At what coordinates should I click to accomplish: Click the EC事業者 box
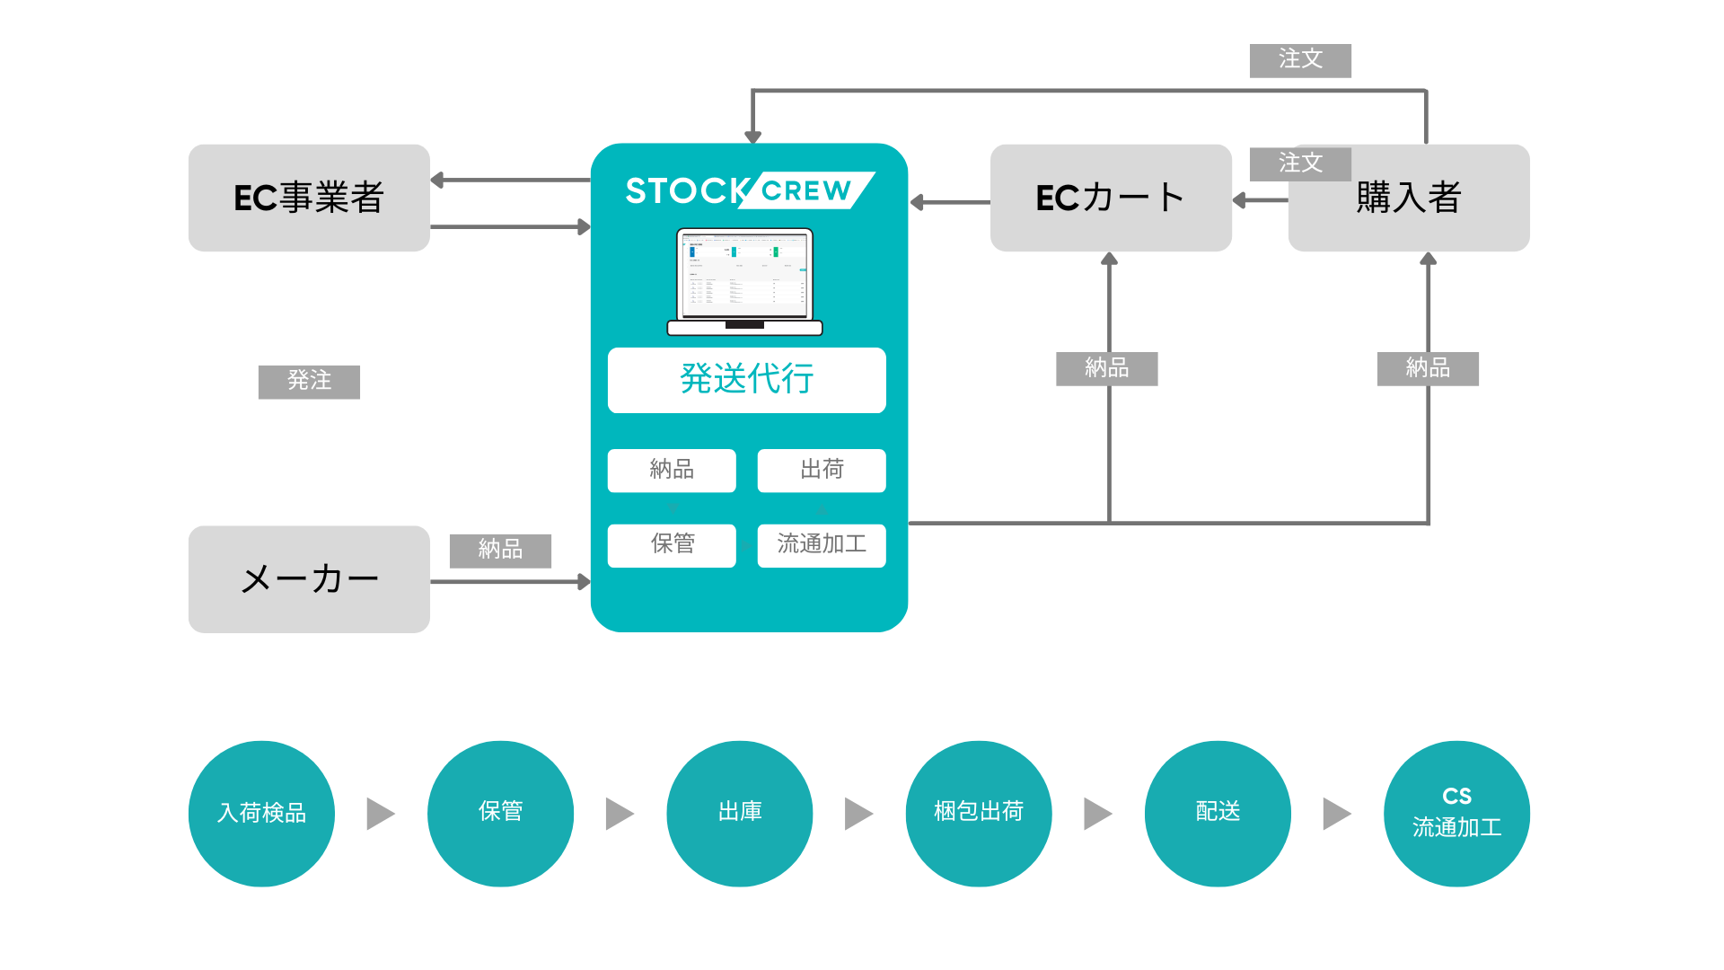pyautogui.click(x=309, y=198)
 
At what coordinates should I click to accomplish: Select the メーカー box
pyautogui.click(x=309, y=579)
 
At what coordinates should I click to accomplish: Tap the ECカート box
pyautogui.click(x=1111, y=198)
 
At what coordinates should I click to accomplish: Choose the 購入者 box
pyautogui.click(x=1409, y=198)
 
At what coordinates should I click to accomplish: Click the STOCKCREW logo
pyautogui.click(x=749, y=190)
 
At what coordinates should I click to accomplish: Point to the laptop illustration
pyautogui.click(x=744, y=282)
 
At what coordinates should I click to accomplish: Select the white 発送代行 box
pyautogui.click(x=746, y=380)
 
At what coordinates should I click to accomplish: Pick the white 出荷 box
pyautogui.click(x=822, y=470)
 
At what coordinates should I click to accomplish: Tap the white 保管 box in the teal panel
pyautogui.click(x=672, y=545)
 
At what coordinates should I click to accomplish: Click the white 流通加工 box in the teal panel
pyautogui.click(x=822, y=545)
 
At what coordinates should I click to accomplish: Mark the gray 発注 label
pyautogui.click(x=309, y=382)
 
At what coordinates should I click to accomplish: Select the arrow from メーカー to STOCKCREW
pyautogui.click(x=510, y=582)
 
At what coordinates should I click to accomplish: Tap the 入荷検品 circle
pyautogui.click(x=261, y=814)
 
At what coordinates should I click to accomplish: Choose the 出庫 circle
pyautogui.click(x=740, y=814)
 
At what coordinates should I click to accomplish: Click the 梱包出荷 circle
pyautogui.click(x=979, y=814)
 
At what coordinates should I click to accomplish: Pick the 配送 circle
pyautogui.click(x=1218, y=814)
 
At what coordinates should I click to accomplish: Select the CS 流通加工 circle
pyautogui.click(x=1456, y=814)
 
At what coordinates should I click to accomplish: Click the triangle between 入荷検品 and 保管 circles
pyautogui.click(x=381, y=814)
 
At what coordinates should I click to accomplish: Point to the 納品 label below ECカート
pyautogui.click(x=1106, y=368)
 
